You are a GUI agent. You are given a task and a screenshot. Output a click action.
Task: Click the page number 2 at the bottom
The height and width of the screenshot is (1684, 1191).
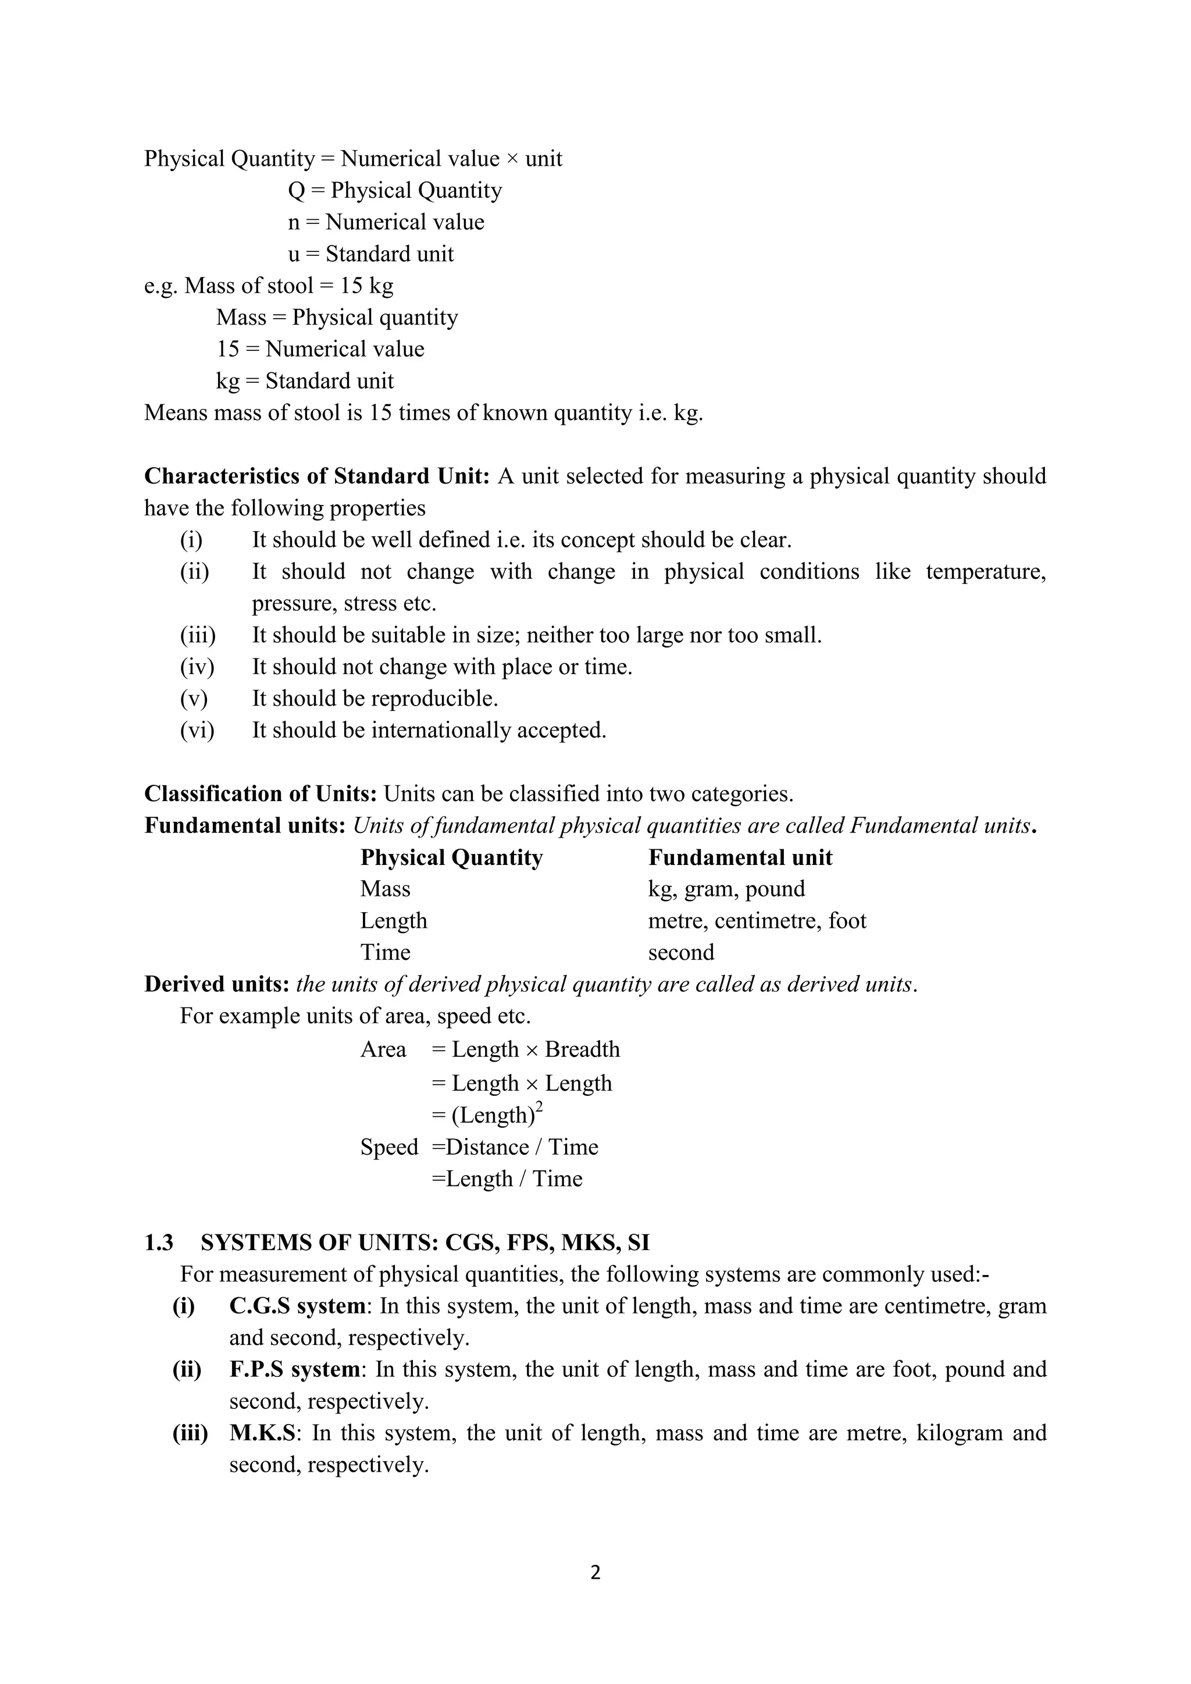tap(595, 1572)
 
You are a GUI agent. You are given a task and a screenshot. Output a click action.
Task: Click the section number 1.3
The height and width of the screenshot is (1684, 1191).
tap(158, 1242)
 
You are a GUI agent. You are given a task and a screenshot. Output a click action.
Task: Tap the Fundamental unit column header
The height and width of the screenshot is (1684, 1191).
tap(740, 857)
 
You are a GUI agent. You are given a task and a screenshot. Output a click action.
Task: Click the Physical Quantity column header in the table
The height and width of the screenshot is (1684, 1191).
tap(451, 857)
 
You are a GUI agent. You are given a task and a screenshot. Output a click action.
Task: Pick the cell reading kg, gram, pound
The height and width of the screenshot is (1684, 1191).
tap(726, 889)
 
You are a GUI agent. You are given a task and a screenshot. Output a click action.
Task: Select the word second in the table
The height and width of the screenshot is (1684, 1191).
tap(680, 952)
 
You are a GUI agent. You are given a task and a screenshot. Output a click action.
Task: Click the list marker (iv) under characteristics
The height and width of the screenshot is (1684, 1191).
tap(197, 667)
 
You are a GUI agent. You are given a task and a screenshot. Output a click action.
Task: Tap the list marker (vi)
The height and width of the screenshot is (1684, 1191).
tap(197, 731)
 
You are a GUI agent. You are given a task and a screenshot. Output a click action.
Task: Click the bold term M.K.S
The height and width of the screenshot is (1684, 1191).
tap(262, 1433)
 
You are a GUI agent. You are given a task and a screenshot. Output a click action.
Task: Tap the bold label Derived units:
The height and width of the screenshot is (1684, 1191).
tap(217, 984)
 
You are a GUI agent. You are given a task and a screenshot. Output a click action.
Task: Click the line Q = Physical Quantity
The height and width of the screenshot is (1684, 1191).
tap(394, 191)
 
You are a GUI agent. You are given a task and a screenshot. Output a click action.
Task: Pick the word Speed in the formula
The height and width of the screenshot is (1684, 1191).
tap(388, 1147)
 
